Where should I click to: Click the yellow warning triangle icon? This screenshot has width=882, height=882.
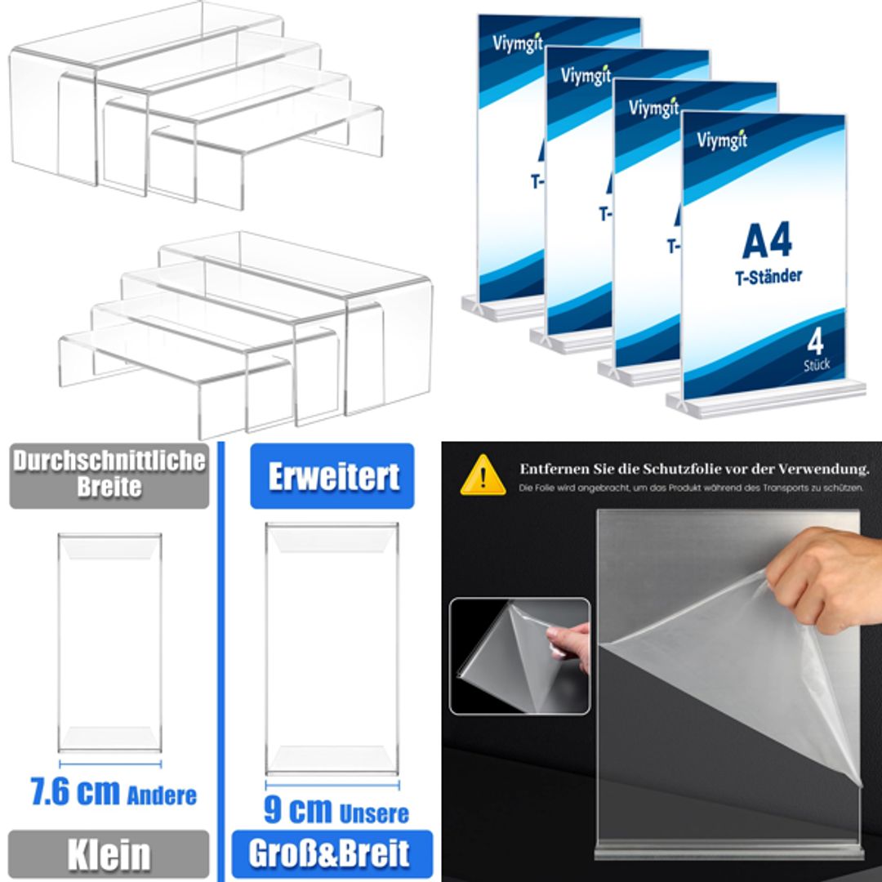pos(483,476)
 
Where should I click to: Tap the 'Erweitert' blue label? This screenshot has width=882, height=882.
pos(332,477)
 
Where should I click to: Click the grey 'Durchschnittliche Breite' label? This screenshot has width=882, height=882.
pos(109,474)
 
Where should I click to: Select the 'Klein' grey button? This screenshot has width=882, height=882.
pos(109,854)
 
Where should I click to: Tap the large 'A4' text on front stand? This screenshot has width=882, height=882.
pos(767,242)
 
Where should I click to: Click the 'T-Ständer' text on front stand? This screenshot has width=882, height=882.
pos(763,276)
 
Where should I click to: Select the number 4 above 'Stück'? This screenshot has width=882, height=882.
pos(815,341)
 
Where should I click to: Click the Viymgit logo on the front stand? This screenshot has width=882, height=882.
pos(722,140)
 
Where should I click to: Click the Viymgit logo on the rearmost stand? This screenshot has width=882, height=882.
pos(518,42)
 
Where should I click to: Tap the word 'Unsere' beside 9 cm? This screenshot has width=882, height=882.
pos(373,813)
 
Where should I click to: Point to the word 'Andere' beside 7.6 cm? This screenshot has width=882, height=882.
pos(162,795)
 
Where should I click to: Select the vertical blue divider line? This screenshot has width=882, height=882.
pos(220,653)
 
